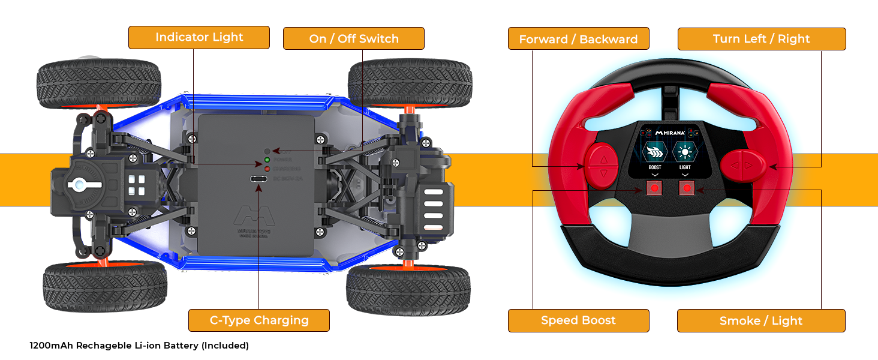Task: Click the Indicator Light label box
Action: point(199,37)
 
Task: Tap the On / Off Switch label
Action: point(353,38)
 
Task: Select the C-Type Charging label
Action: point(258,320)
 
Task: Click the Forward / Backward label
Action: point(578,39)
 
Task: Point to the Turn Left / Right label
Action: point(761,39)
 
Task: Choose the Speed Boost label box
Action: point(578,320)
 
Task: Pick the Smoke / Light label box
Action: point(760,321)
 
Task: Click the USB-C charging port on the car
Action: point(258,179)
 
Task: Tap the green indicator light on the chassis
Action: point(267,160)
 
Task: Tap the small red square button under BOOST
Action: point(654,188)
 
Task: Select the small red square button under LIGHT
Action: point(686,188)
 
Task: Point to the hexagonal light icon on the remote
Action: point(685,151)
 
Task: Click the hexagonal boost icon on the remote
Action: point(654,151)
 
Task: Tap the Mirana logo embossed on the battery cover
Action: point(252,217)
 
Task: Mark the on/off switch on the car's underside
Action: point(267,151)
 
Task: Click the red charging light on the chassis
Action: point(267,169)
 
